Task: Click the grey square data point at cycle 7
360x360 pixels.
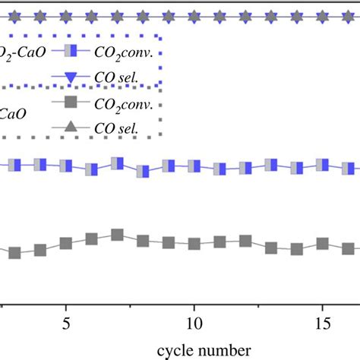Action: pyautogui.click(x=117, y=235)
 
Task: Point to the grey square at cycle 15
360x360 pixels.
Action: pyautogui.click(x=322, y=244)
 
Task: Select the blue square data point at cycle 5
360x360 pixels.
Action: pyautogui.click(x=66, y=166)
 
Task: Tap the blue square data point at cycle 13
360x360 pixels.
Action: pyautogui.click(x=270, y=165)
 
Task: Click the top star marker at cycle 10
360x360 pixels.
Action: pyautogui.click(x=194, y=14)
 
